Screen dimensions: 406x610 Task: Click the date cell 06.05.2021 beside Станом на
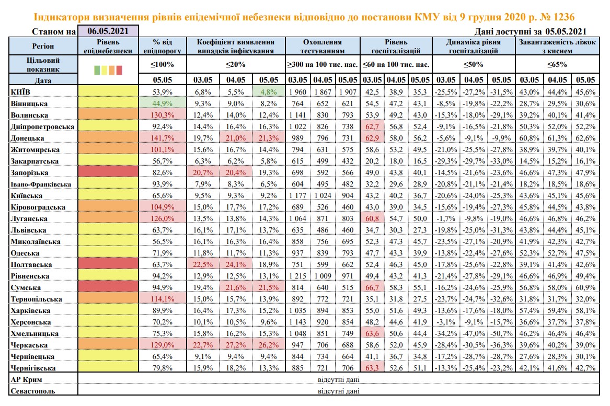point(108,31)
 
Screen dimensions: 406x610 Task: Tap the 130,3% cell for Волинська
point(163,115)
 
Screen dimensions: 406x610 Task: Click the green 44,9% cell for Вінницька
point(163,103)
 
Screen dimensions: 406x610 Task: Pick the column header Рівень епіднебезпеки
point(108,46)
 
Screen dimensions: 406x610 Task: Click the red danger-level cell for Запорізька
point(108,172)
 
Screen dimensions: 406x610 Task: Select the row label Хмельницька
point(31,333)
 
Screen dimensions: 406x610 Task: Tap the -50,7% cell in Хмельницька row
point(500,333)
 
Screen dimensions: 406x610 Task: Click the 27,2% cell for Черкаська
point(236,345)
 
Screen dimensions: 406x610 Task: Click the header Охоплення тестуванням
point(322,46)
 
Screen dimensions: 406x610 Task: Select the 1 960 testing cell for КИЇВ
point(297,92)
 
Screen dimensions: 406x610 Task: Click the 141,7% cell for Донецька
point(163,138)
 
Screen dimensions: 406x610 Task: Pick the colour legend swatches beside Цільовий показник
point(108,69)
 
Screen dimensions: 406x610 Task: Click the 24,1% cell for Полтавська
point(236,264)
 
